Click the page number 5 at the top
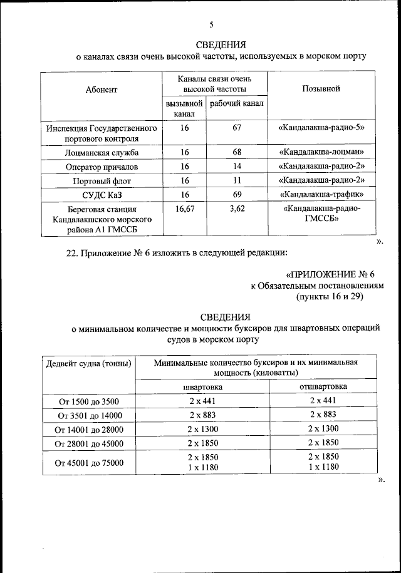tap(212, 25)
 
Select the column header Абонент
tap(102, 90)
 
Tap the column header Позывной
tap(321, 89)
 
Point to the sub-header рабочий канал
tap(236, 103)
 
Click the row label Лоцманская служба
tap(102, 153)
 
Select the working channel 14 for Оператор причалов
tap(237, 167)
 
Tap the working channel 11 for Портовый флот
tap(237, 180)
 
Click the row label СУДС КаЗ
tap(102, 195)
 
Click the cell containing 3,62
tap(237, 209)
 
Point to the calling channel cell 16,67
tap(185, 209)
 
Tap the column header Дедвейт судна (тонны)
tap(88, 363)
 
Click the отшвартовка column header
tap(323, 386)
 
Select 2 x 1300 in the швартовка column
tap(202, 429)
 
